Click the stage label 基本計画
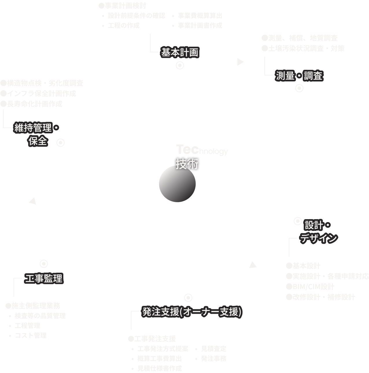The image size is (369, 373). point(180,53)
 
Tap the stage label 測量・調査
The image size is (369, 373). point(299,76)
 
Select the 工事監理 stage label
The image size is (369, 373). point(44,278)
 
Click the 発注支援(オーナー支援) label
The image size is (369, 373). point(191,312)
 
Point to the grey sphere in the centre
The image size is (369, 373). point(177,184)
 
